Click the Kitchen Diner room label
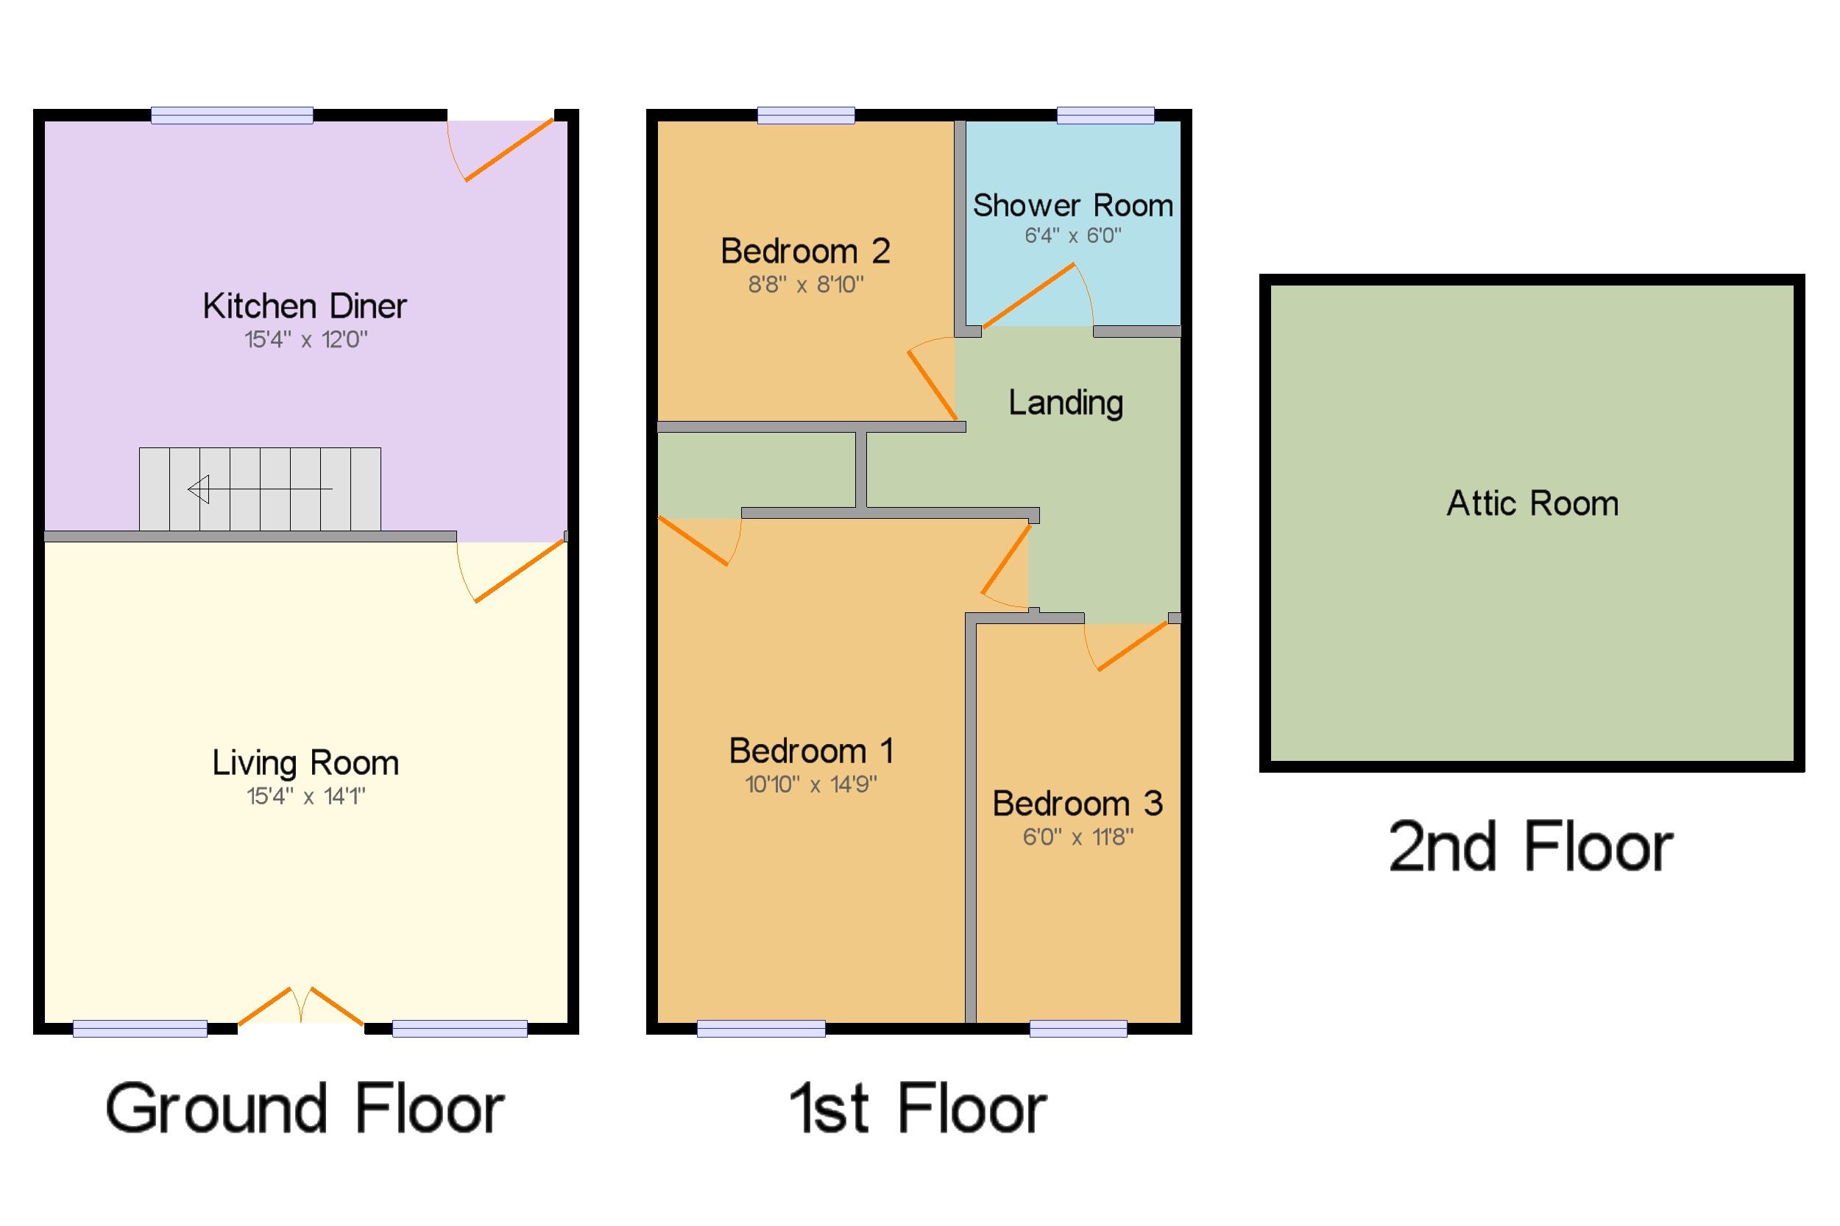click(x=304, y=305)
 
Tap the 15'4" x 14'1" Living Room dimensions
click(x=305, y=796)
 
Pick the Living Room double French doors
click(x=301, y=1006)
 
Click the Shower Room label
click(x=1072, y=205)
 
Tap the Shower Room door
click(x=1028, y=296)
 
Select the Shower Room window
click(x=1104, y=116)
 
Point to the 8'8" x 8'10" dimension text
click(x=805, y=285)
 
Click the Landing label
click(x=1065, y=403)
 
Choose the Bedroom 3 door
click(x=1131, y=646)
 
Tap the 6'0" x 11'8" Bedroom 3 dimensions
click(x=1077, y=837)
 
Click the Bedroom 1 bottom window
click(x=760, y=1028)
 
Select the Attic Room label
click(x=1531, y=503)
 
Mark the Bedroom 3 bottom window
click(x=1078, y=1028)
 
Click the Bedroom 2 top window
click(x=805, y=116)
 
